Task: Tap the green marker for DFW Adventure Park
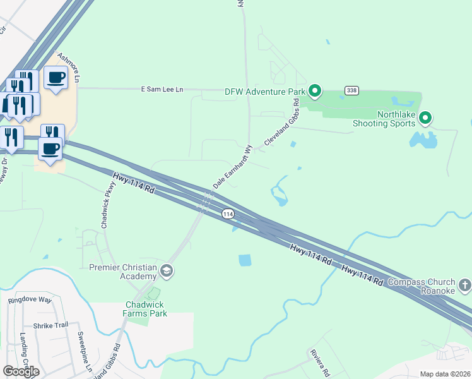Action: (x=314, y=92)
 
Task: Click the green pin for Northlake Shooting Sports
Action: (x=425, y=117)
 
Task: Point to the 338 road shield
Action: (x=351, y=91)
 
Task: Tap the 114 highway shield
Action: (x=228, y=215)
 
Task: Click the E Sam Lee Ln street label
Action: (x=162, y=90)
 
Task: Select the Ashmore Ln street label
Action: (x=69, y=68)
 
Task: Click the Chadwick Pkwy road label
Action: (x=109, y=205)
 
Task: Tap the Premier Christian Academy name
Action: (x=122, y=272)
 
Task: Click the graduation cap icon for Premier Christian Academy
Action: (x=167, y=272)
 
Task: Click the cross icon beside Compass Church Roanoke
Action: (x=464, y=285)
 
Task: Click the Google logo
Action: (x=21, y=371)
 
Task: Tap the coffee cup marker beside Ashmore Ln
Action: (x=56, y=78)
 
